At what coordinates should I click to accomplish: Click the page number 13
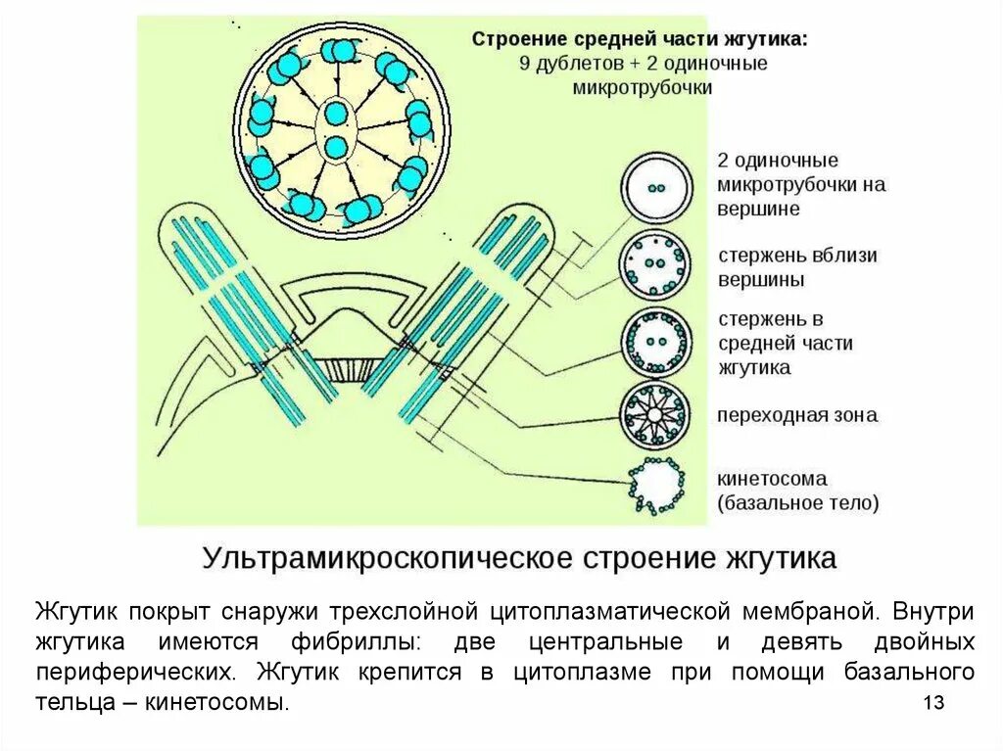coord(932,703)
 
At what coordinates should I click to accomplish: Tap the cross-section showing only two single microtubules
coord(655,188)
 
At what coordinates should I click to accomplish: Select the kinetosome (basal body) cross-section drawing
coord(653,485)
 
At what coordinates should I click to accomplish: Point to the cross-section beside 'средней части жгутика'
coord(655,342)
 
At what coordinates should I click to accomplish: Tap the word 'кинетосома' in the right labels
coord(772,479)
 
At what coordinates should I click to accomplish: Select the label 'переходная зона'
coord(796,415)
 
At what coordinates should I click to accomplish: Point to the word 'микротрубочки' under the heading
coord(642,86)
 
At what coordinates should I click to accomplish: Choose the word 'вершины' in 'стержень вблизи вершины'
coord(761,279)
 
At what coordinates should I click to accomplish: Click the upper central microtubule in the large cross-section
coord(335,114)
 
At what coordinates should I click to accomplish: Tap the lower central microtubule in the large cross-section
coord(335,148)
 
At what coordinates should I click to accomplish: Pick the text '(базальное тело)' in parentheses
coord(797,503)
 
